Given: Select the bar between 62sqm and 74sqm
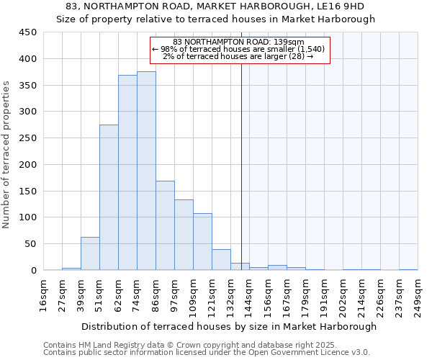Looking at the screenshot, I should click(x=127, y=173).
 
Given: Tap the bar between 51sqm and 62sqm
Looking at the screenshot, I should click(x=109, y=197).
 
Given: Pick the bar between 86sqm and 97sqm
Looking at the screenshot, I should click(x=165, y=225).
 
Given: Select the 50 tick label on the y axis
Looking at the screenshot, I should click(x=30, y=243).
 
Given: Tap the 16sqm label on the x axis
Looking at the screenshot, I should click(x=44, y=296).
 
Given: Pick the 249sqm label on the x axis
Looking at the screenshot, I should click(x=418, y=296).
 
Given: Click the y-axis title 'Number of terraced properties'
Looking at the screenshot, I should click(x=6, y=155).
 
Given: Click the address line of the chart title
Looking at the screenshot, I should click(x=215, y=6).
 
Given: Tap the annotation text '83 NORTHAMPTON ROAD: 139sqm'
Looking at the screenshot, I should click(x=239, y=42).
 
